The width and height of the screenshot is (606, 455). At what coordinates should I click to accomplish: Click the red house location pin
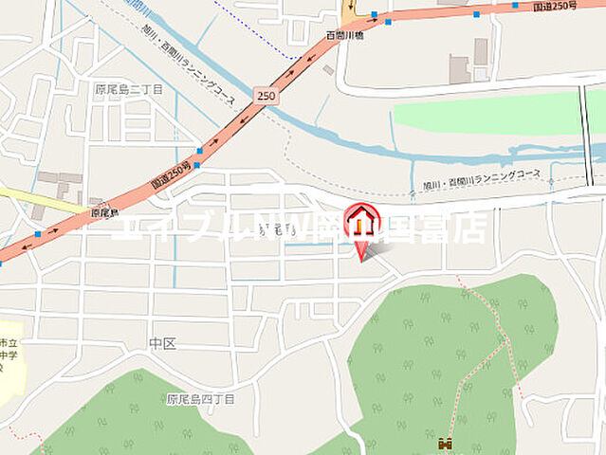(361, 226)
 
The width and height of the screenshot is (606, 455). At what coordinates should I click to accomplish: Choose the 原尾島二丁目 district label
(128, 89)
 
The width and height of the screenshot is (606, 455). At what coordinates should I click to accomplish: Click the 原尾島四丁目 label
(199, 399)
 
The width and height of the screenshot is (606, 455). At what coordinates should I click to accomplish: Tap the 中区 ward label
(163, 342)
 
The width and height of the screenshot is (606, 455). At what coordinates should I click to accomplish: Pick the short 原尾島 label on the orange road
(104, 214)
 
